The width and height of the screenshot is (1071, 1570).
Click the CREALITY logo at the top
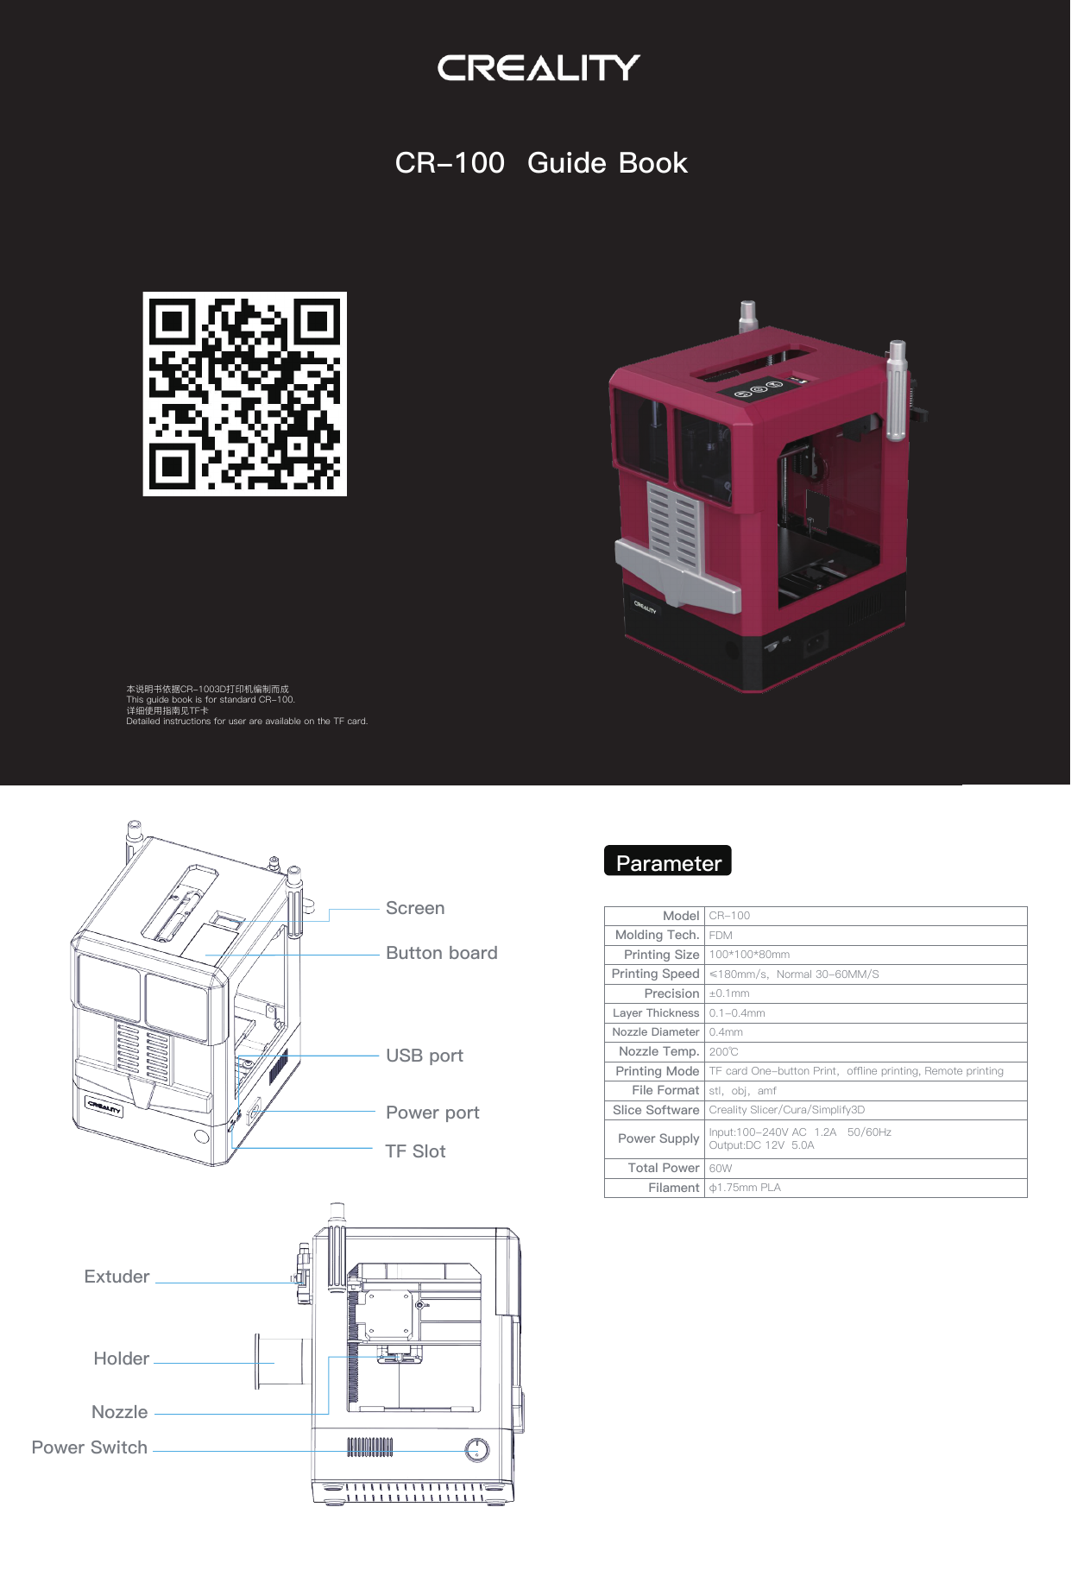(539, 68)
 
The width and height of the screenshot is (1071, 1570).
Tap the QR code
(245, 394)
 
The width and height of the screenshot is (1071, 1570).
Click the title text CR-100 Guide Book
(541, 163)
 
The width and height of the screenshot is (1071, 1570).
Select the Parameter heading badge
(668, 861)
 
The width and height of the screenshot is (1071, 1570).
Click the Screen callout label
(415, 909)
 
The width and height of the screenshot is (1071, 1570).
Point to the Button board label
(441, 954)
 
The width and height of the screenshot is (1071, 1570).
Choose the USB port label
(425, 1056)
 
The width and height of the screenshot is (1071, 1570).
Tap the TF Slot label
(415, 1152)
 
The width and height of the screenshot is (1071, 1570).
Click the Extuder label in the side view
(117, 1277)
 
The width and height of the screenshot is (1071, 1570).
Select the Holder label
(122, 1359)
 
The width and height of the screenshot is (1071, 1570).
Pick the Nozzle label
(120, 1413)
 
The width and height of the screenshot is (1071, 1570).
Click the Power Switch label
(90, 1448)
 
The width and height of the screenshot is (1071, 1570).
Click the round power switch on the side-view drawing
(477, 1450)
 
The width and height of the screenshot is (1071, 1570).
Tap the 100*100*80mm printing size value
(749, 955)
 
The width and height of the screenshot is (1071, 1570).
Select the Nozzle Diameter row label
(655, 1032)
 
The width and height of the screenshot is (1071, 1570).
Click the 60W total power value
(721, 1169)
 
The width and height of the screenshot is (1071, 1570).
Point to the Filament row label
(673, 1189)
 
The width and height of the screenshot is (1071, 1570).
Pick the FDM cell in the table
(721, 936)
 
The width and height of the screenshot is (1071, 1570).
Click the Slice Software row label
(656, 1111)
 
